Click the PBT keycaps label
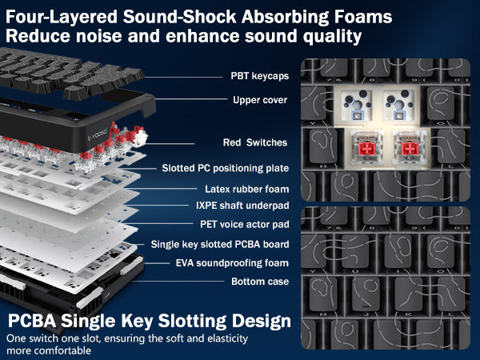click(x=259, y=76)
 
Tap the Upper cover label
click(x=260, y=100)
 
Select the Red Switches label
click(x=255, y=142)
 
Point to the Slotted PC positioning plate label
click(x=226, y=168)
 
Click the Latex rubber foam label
click(x=246, y=189)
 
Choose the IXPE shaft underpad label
click(x=242, y=206)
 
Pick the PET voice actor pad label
click(x=245, y=224)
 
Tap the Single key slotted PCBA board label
click(x=220, y=244)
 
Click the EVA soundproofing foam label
click(x=232, y=263)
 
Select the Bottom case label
click(x=260, y=282)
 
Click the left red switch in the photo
click(x=366, y=149)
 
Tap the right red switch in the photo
click(x=410, y=149)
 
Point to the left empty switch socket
click(x=356, y=105)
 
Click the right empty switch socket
click(x=399, y=105)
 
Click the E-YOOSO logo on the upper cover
click(x=98, y=134)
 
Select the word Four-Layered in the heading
click(x=62, y=17)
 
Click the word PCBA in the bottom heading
click(x=32, y=321)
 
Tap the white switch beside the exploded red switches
click(x=141, y=137)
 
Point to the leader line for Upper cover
click(x=191, y=99)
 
